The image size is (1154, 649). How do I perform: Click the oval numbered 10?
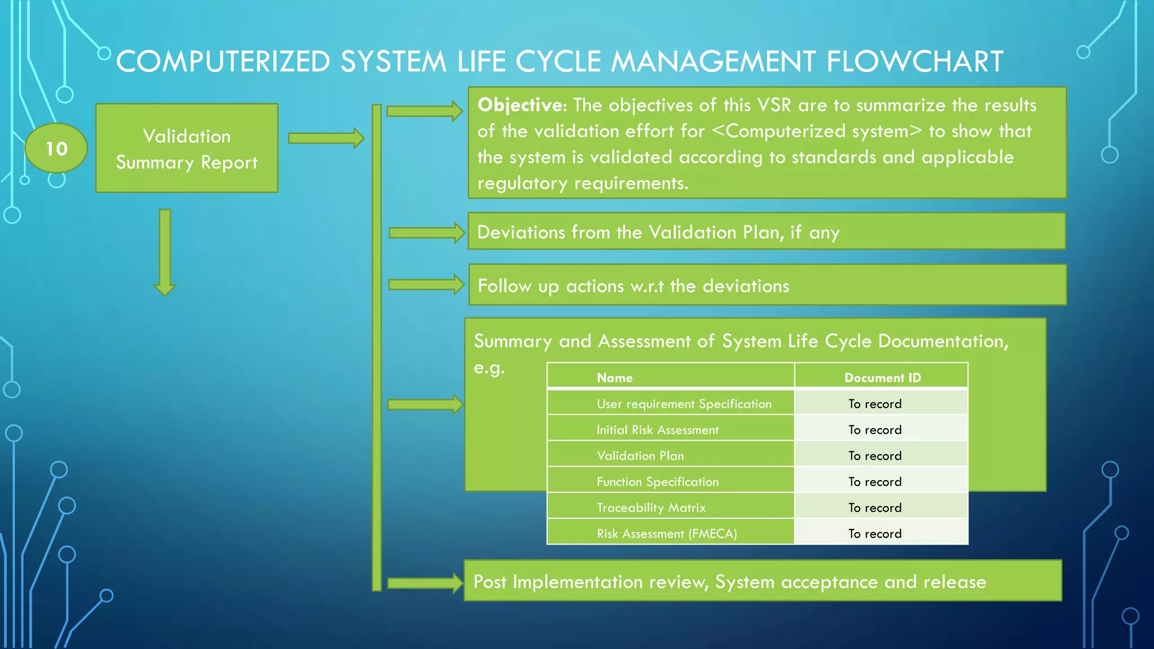pyautogui.click(x=56, y=148)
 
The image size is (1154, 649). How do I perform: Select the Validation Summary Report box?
pyautogui.click(x=187, y=148)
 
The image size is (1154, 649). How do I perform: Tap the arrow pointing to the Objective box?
pyautogui.click(x=424, y=111)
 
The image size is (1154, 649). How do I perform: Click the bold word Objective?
pyautogui.click(x=520, y=105)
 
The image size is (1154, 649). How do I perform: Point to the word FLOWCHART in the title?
pyautogui.click(x=914, y=61)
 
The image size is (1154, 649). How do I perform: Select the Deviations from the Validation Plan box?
pyautogui.click(x=766, y=232)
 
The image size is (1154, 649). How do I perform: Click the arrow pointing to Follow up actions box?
pyautogui.click(x=425, y=285)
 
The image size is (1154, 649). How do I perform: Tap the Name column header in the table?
pyautogui.click(x=614, y=377)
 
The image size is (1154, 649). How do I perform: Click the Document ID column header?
pyautogui.click(x=882, y=377)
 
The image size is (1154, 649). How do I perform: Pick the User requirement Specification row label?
pyautogui.click(x=683, y=403)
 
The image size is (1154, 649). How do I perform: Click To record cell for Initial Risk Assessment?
pyautogui.click(x=875, y=430)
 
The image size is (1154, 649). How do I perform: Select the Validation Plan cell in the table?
pyautogui.click(x=640, y=456)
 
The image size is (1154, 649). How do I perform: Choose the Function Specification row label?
pyautogui.click(x=658, y=482)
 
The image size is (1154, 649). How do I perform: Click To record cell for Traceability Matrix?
pyautogui.click(x=875, y=508)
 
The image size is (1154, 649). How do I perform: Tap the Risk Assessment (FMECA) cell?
pyautogui.click(x=667, y=534)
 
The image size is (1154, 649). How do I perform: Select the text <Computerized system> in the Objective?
pyautogui.click(x=816, y=131)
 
